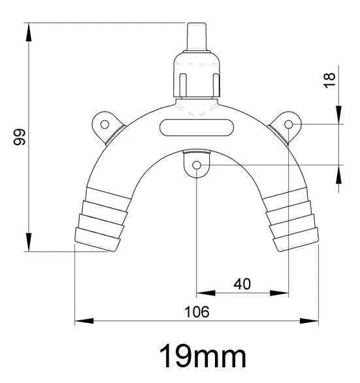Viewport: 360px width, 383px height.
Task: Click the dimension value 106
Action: (x=197, y=312)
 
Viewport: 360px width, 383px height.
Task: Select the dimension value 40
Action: (x=242, y=284)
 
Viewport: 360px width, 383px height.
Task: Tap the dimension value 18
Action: (x=330, y=79)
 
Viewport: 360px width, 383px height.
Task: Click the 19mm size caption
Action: (x=203, y=357)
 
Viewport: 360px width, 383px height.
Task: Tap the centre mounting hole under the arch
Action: (x=197, y=165)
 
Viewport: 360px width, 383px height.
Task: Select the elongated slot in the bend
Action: (x=197, y=127)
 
